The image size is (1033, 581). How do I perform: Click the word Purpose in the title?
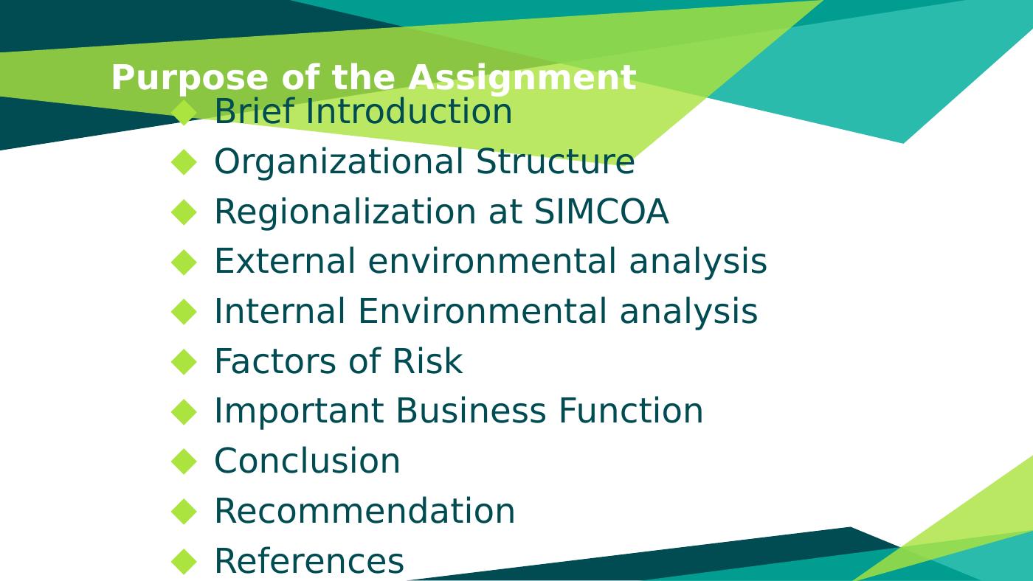click(x=190, y=78)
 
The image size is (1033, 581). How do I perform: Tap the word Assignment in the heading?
click(x=522, y=78)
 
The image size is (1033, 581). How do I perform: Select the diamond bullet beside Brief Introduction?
click(x=184, y=112)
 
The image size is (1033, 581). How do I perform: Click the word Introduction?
click(x=409, y=111)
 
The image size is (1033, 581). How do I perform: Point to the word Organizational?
click(x=339, y=161)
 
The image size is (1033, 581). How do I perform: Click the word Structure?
click(x=555, y=161)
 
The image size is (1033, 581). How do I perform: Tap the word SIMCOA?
click(x=601, y=212)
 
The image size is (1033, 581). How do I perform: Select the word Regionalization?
click(x=345, y=212)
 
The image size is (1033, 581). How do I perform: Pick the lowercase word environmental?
click(x=493, y=261)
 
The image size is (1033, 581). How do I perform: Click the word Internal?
click(x=280, y=311)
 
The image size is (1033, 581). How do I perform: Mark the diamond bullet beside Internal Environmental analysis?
click(x=184, y=311)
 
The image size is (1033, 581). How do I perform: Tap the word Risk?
click(x=427, y=361)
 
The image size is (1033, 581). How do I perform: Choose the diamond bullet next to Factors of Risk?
click(x=184, y=361)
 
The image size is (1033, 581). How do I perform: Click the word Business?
click(x=471, y=411)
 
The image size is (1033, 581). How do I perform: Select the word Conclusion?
click(x=307, y=461)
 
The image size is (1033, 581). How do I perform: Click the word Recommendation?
click(x=365, y=510)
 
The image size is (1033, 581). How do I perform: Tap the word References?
click(x=309, y=560)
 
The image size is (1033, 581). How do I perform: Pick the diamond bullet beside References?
click(x=184, y=561)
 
